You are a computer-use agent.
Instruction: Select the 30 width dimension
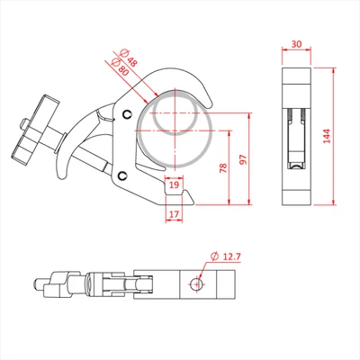pyautogui.click(x=296, y=44)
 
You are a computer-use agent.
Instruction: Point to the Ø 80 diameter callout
pyautogui.click(x=115, y=67)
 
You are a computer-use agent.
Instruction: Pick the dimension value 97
pyautogui.click(x=241, y=158)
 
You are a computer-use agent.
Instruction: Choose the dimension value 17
pyautogui.click(x=174, y=214)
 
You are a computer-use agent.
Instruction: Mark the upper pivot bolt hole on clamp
pyautogui.click(x=126, y=113)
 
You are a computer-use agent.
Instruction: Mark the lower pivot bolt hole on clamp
pyautogui.click(x=121, y=175)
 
